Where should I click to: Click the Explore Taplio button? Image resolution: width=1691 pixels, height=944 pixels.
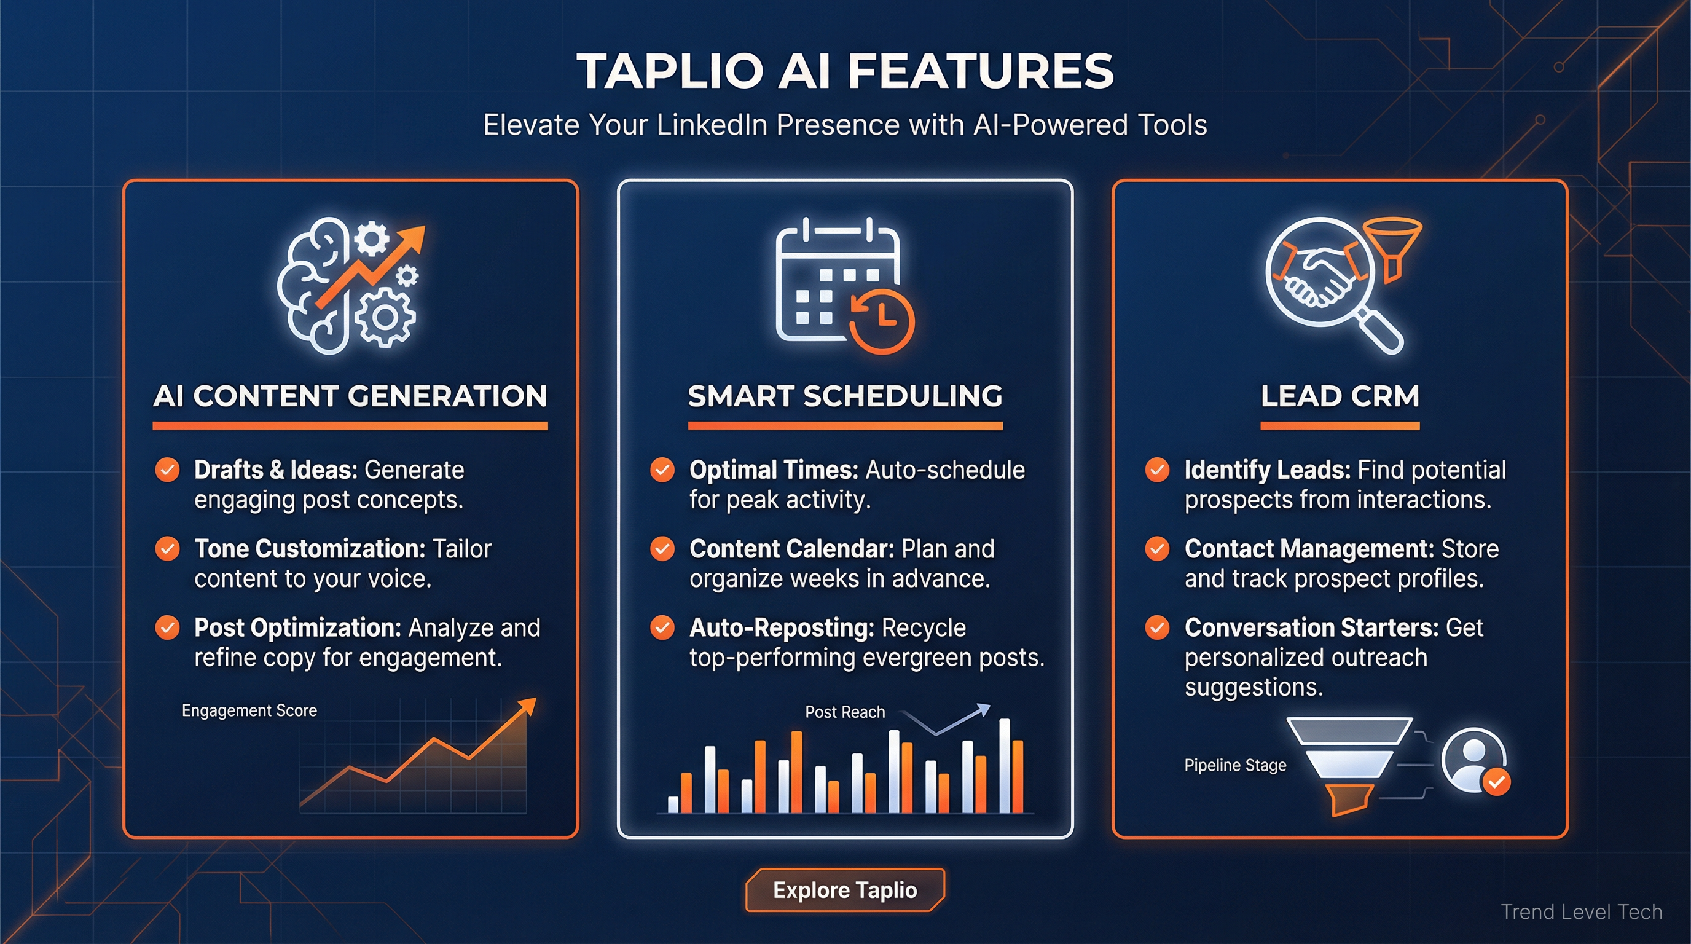pyautogui.click(x=845, y=890)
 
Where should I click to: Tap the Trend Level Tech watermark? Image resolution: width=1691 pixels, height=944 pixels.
pyautogui.click(x=1581, y=912)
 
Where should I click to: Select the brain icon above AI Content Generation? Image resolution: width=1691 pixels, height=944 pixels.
pyautogui.click(x=315, y=286)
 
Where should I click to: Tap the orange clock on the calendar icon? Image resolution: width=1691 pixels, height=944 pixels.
pyautogui.click(x=882, y=320)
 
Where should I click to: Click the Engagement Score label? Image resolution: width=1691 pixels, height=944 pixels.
pyautogui.click(x=249, y=710)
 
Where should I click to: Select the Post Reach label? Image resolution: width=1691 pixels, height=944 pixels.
pyautogui.click(x=845, y=712)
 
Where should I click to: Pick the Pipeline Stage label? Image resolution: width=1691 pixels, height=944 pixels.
pyautogui.click(x=1235, y=765)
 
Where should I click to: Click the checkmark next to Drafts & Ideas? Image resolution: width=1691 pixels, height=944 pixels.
pyautogui.click(x=167, y=470)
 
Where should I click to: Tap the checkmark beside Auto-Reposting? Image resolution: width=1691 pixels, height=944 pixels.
pyautogui.click(x=662, y=627)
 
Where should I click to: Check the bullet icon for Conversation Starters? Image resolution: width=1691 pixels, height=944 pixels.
pyautogui.click(x=1157, y=627)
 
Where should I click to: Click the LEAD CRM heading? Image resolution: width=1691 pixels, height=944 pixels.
pyautogui.click(x=1340, y=396)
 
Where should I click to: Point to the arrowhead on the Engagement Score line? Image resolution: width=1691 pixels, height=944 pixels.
pyautogui.click(x=527, y=706)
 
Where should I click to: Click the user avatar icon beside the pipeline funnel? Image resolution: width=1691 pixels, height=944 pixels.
pyautogui.click(x=1473, y=760)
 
